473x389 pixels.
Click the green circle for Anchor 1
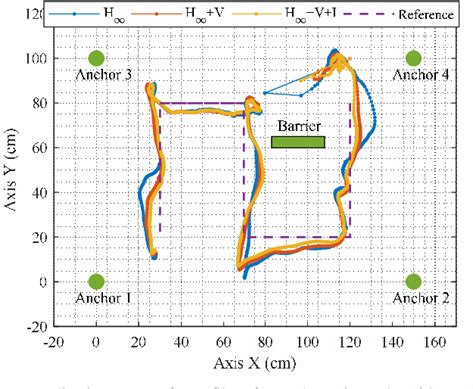click(96, 282)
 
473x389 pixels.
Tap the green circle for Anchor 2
click(413, 282)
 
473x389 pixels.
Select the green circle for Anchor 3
click(96, 59)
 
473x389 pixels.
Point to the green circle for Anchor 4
click(413, 59)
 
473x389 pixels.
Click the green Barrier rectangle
click(298, 142)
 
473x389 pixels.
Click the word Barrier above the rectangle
click(298, 126)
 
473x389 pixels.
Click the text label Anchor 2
click(413, 298)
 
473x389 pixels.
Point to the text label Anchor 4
click(413, 75)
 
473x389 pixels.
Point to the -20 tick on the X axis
click(53, 340)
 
